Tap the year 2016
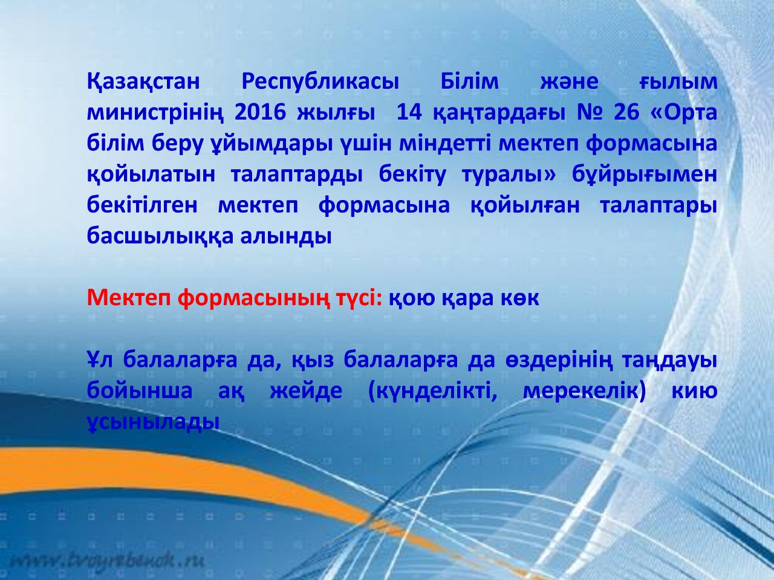tap(260, 113)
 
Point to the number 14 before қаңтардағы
tap(409, 113)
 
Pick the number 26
tap(626, 113)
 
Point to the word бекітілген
tap(143, 205)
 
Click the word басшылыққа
tap(160, 237)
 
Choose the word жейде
tap(306, 391)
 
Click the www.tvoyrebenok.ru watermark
tap(108, 559)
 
